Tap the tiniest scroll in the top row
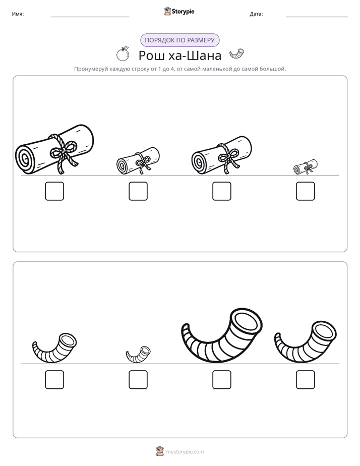point(305,167)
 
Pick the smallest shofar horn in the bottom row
point(138,355)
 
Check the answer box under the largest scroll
point(54,191)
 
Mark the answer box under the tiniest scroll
point(306,191)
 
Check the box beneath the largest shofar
point(222,380)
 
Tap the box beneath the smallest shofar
point(138,380)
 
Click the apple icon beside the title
point(123,54)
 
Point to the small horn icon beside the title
point(237,54)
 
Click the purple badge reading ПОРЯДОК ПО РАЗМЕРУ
point(179,40)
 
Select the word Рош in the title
point(151,55)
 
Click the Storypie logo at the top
point(179,11)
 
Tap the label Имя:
point(18,14)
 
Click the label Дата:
point(256,14)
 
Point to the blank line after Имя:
point(90,17)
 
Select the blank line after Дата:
point(317,17)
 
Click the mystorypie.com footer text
point(185,452)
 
